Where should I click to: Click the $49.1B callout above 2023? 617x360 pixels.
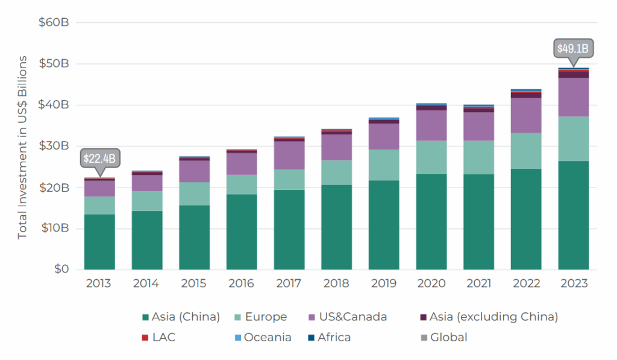(x=573, y=48)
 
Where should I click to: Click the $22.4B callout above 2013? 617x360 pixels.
(x=100, y=158)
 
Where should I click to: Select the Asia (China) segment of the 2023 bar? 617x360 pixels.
(x=573, y=215)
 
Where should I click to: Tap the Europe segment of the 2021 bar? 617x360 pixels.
(x=478, y=157)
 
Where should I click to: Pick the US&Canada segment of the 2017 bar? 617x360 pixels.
(x=289, y=155)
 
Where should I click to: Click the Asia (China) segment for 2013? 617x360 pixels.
(x=100, y=241)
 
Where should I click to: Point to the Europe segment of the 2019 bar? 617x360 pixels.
(x=384, y=165)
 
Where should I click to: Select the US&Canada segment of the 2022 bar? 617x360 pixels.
(x=526, y=115)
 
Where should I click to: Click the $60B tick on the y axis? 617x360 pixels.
(x=54, y=23)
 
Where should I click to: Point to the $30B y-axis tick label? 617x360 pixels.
(x=54, y=146)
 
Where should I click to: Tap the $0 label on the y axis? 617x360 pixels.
(x=60, y=269)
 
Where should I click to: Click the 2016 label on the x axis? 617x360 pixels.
(x=242, y=283)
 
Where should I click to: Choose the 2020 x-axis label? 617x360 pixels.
(x=431, y=283)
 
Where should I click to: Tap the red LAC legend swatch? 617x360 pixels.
(x=145, y=338)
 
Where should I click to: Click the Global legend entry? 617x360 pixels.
(x=443, y=338)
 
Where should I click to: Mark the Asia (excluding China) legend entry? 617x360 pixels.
(x=488, y=317)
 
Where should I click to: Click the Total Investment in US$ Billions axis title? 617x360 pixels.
(x=23, y=147)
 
